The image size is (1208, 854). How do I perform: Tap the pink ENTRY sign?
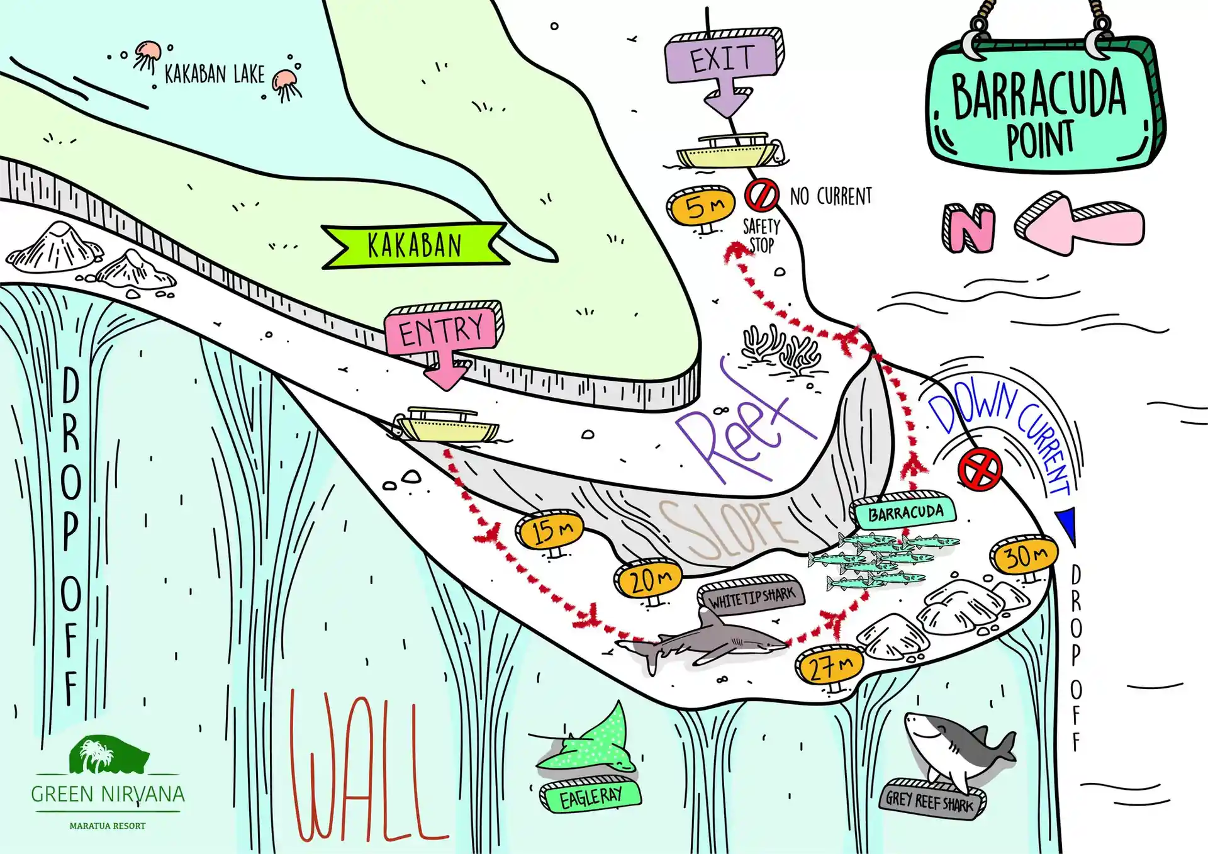[444, 334]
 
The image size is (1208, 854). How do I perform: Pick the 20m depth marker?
[649, 580]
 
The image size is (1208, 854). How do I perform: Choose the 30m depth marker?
[1024, 556]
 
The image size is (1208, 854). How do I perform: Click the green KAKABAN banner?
[415, 245]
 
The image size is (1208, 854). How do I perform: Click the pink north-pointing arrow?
[1078, 223]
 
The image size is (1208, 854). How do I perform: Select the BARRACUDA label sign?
[903, 512]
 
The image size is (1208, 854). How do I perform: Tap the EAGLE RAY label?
[590, 796]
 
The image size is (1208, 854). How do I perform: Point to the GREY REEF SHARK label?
[932, 800]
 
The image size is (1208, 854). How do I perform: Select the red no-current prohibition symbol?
[761, 195]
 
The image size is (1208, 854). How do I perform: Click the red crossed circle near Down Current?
[980, 469]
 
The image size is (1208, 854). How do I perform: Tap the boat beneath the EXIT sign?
[730, 150]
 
